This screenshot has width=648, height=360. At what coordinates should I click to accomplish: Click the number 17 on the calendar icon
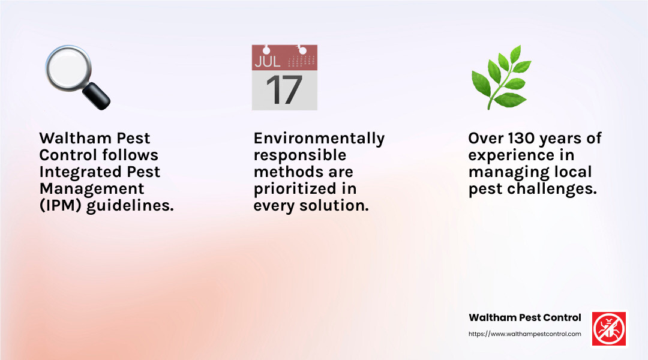284,90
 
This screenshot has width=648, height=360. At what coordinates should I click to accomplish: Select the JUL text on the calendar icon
267,61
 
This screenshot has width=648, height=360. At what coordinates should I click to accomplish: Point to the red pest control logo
609,329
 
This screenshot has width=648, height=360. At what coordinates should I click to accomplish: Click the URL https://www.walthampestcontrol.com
524,334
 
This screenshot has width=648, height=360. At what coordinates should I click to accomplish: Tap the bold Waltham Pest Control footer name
524,317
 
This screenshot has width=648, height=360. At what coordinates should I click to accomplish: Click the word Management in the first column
92,188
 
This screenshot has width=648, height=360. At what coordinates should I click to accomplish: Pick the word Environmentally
319,139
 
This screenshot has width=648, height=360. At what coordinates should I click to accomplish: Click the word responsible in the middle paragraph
300,155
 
